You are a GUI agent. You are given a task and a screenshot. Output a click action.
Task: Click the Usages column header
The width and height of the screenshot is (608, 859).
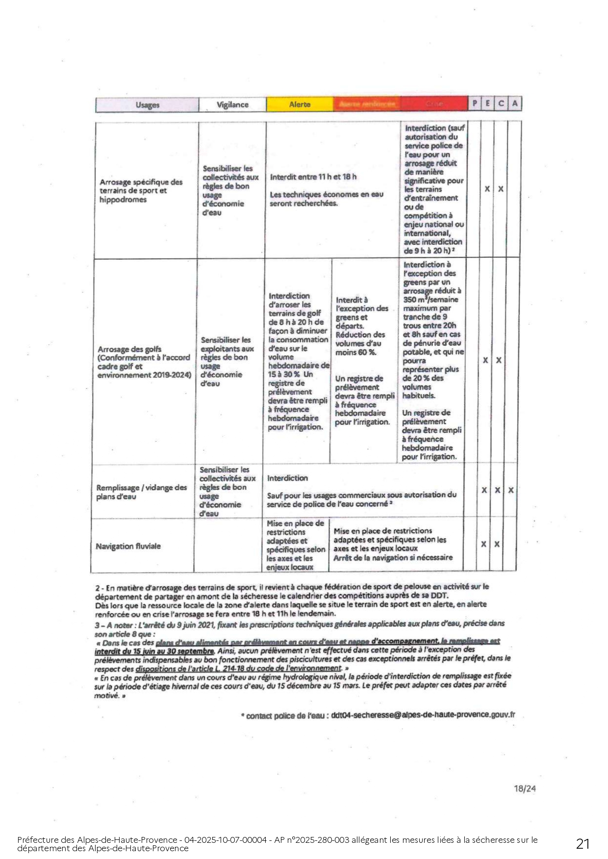[x=147, y=105]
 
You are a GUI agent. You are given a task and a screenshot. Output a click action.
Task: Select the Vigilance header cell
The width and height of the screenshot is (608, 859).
[x=232, y=105]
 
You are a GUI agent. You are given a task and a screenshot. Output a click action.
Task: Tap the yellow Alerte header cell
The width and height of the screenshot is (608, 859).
[x=300, y=104]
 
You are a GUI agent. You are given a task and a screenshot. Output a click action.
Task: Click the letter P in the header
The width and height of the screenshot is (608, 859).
[x=474, y=104]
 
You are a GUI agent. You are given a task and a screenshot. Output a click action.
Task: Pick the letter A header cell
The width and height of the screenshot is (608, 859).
[x=514, y=104]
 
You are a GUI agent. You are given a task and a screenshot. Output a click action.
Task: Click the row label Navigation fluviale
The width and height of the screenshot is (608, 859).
[x=128, y=546]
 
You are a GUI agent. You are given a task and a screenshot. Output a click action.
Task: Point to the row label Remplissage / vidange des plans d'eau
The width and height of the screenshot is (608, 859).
[x=141, y=492]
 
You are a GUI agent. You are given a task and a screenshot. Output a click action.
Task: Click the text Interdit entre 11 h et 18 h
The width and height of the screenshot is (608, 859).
[x=313, y=177]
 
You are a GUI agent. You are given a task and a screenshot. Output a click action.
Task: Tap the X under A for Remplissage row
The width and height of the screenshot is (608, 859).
[x=511, y=490]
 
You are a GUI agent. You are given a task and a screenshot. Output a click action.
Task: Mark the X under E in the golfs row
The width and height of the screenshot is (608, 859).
[x=485, y=360]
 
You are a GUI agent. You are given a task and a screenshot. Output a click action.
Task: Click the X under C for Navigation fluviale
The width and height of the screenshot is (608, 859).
[x=497, y=544]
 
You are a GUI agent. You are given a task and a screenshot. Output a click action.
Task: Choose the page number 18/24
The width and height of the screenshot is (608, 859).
[x=525, y=788]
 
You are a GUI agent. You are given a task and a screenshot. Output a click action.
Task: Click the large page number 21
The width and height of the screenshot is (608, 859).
[x=583, y=843]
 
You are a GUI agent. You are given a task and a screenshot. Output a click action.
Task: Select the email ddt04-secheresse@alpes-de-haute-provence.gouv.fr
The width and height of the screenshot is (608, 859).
[x=423, y=715]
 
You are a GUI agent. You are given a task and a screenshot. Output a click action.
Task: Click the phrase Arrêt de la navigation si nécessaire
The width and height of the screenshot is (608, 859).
[x=393, y=558]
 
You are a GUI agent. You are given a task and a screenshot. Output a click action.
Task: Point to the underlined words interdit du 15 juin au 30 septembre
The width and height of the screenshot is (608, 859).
[x=154, y=651]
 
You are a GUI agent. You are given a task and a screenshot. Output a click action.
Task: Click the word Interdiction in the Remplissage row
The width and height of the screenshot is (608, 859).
[x=287, y=478]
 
